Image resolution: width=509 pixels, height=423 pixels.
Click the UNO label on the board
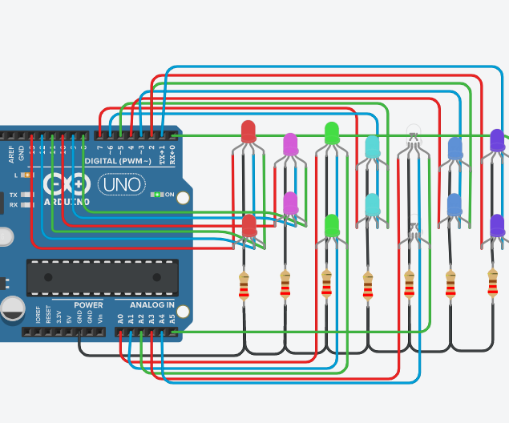pyautogui.click(x=122, y=185)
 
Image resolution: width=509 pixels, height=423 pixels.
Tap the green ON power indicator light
pyautogui.click(x=159, y=194)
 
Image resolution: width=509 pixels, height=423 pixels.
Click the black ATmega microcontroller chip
pyautogui.click(x=102, y=277)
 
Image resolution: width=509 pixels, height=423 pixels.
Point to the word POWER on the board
pyautogui.click(x=88, y=305)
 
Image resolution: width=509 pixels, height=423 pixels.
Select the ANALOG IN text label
pyautogui.click(x=152, y=305)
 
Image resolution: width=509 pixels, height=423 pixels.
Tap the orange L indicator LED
pyautogui.click(x=26, y=175)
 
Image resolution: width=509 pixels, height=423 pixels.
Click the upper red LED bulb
pyautogui.click(x=248, y=131)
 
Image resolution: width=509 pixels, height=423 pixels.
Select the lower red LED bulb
pyautogui.click(x=249, y=225)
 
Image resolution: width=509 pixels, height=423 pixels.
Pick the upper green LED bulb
pyautogui.click(x=332, y=132)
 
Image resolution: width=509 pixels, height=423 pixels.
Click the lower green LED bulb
pyautogui.click(x=331, y=225)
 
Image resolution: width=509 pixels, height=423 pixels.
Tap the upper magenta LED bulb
pyautogui.click(x=290, y=144)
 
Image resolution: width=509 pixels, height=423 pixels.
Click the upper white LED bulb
pyautogui.click(x=413, y=130)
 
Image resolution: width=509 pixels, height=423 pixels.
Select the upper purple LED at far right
pyautogui.click(x=497, y=139)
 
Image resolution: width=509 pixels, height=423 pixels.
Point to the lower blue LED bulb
pyautogui.click(x=454, y=205)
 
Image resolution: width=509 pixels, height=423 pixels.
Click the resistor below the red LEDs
pyautogui.click(x=244, y=286)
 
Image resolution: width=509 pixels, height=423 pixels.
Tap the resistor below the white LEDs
pyautogui.click(x=410, y=286)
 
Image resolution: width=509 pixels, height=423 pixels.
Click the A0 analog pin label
pyautogui.click(x=119, y=318)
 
